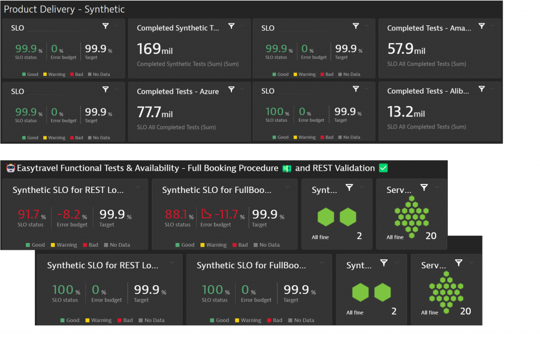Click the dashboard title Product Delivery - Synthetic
(64, 9)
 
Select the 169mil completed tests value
(155, 50)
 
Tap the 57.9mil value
(406, 50)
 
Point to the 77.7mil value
(155, 113)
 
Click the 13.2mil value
(406, 113)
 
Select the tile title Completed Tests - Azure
(178, 91)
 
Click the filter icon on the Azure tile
(231, 90)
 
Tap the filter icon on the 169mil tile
(231, 26)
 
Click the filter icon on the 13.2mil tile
(481, 90)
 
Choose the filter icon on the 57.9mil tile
(481, 26)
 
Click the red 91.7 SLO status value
(28, 215)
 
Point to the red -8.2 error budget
(68, 215)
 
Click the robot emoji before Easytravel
(10, 168)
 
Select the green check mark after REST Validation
(383, 168)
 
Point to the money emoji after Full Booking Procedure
(287, 168)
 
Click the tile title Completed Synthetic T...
(178, 28)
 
